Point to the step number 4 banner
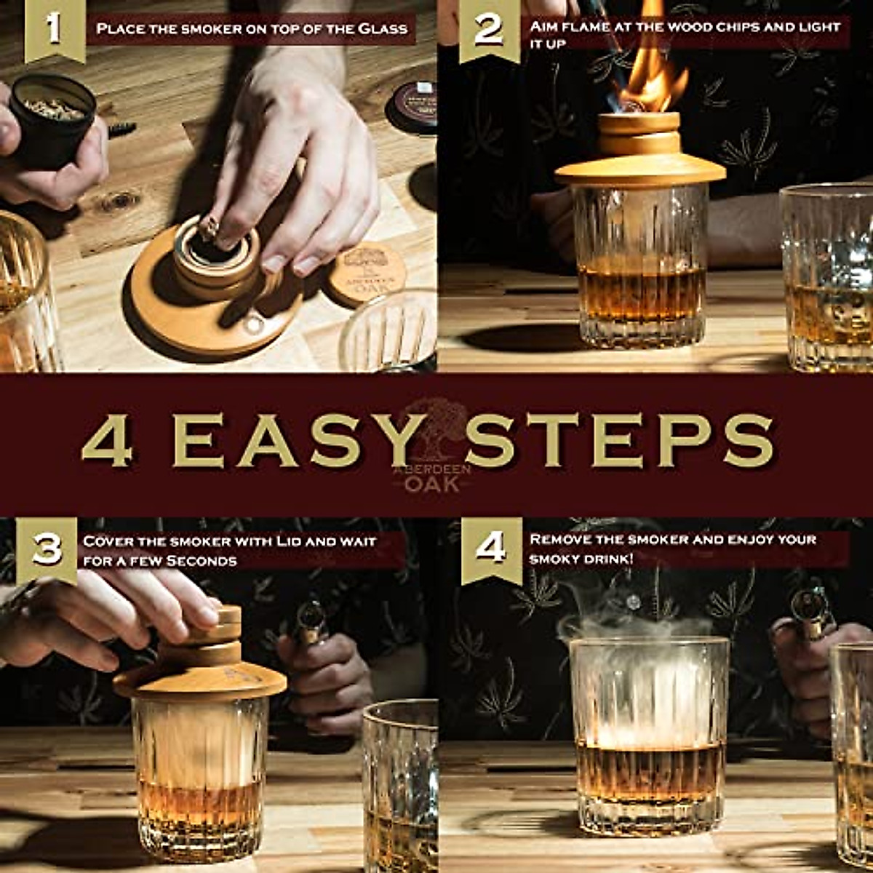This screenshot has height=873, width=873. click(491, 549)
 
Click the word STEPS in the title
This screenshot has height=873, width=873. click(618, 441)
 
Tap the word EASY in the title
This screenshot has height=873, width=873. click(298, 441)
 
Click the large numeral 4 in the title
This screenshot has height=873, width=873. click(108, 441)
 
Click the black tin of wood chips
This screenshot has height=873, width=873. click(52, 120)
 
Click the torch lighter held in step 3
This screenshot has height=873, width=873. click(310, 622)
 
